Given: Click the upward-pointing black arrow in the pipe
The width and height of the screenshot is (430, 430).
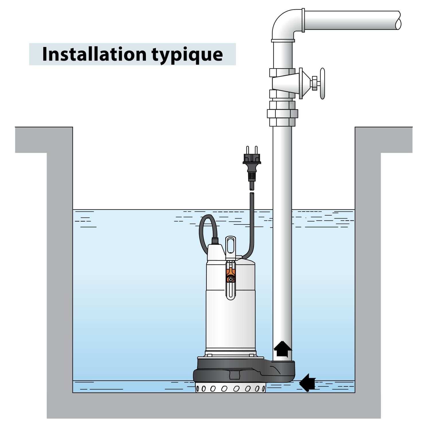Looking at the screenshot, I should [x=282, y=349].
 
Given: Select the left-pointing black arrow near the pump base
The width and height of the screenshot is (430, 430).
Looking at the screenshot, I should [x=308, y=382].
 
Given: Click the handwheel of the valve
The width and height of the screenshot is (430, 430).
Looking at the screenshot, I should [x=322, y=83].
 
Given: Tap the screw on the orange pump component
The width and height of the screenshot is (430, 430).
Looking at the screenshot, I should [x=230, y=279].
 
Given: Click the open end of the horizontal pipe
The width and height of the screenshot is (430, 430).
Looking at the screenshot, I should [x=398, y=20].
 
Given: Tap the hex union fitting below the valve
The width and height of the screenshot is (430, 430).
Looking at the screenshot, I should [x=282, y=114].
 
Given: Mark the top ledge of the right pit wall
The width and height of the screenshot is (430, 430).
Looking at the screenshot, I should [x=384, y=140].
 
